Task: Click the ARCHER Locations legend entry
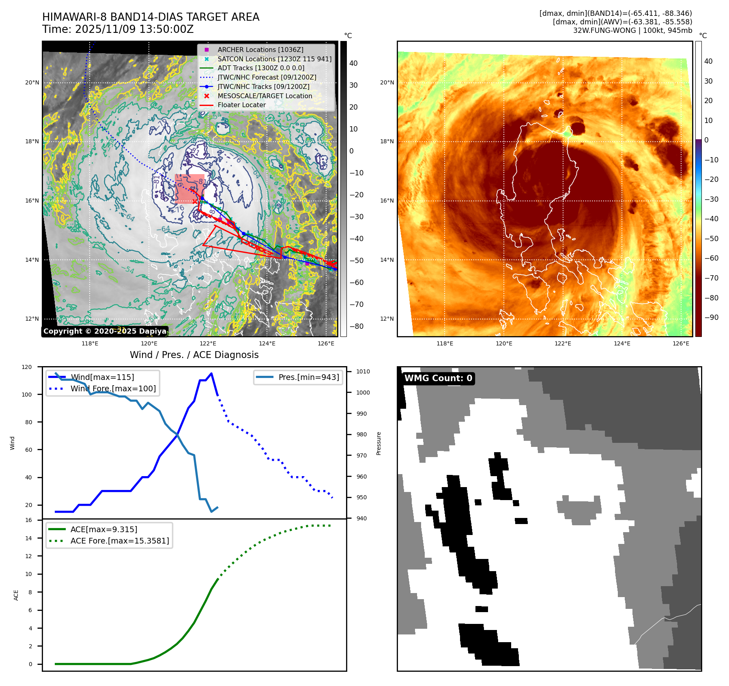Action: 260,50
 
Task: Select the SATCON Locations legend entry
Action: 274,59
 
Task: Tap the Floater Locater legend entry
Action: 241,105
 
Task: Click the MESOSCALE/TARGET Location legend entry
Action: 265,96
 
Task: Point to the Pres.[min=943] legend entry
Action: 308,377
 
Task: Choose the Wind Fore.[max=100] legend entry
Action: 113,388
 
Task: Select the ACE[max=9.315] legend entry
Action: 103,529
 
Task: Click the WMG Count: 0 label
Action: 438,378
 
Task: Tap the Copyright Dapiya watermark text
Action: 105,331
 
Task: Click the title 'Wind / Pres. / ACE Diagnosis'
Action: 194,355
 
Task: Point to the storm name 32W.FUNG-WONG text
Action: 604,30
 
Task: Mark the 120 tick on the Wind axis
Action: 27,367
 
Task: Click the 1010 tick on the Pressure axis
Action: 363,371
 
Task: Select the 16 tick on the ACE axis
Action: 28,520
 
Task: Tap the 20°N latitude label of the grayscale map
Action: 32,82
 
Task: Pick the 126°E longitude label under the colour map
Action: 681,343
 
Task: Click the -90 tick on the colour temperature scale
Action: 711,317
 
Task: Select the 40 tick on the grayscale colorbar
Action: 353,63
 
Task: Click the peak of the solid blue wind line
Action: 211,373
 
